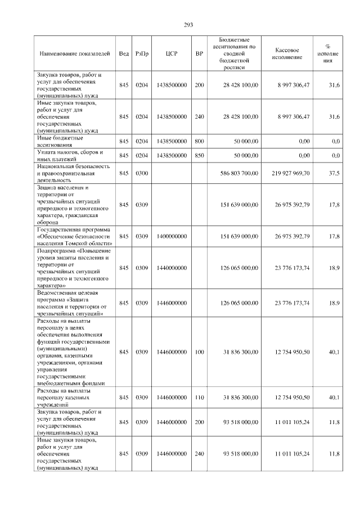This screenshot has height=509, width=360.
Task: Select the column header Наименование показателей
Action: [75, 53]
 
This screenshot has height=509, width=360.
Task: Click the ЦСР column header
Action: [172, 53]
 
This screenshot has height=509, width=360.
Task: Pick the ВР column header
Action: [199, 53]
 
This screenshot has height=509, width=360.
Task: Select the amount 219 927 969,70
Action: [289, 173]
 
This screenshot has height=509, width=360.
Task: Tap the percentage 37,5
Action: [334, 173]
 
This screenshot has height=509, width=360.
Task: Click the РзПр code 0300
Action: [142, 173]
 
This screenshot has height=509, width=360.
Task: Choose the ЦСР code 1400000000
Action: [172, 236]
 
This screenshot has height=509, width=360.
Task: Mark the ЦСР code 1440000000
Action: [172, 268]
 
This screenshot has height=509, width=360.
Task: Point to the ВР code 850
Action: [199, 155]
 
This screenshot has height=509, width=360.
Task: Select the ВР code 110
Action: [199, 397]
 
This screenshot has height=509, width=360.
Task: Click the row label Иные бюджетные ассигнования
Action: [60, 141]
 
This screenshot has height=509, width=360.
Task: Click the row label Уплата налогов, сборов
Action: [70, 155]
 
